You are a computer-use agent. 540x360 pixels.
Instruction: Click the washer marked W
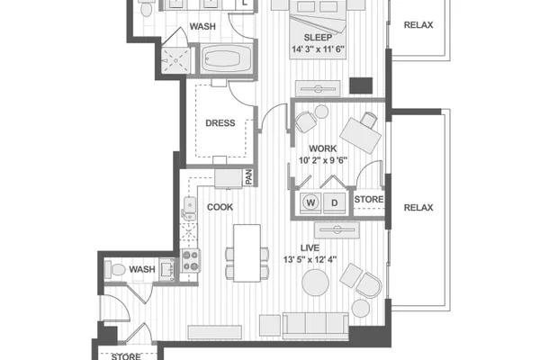[x=310, y=202]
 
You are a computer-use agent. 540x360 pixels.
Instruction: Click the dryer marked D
[x=335, y=202]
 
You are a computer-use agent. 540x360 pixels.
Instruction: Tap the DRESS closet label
[x=220, y=123]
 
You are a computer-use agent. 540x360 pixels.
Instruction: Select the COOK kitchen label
[x=220, y=207]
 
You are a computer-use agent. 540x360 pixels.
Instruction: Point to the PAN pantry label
[x=248, y=177]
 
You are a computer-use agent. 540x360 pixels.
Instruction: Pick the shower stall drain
[x=175, y=60]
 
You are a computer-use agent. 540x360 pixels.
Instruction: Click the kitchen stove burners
[x=191, y=261]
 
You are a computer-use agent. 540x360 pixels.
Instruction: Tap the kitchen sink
[x=189, y=209]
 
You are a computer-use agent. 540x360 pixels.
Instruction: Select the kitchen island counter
[x=247, y=253]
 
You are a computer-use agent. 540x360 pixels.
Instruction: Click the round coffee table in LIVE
[x=315, y=283]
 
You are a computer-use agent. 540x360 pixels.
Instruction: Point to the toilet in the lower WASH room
[x=115, y=269]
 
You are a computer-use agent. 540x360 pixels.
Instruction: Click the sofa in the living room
[x=316, y=326]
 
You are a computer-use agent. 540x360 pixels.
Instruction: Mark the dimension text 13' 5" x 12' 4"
[x=310, y=259]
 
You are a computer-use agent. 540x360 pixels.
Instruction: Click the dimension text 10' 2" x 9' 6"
[x=323, y=160]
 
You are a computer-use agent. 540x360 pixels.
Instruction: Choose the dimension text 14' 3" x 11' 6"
[x=319, y=49]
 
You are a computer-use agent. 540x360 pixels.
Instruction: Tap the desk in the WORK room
[x=361, y=136]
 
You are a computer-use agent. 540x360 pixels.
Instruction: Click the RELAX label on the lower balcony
[x=418, y=207]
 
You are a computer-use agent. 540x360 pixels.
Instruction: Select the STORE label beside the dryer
[x=369, y=199]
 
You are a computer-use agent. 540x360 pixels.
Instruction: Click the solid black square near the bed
[x=361, y=85]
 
